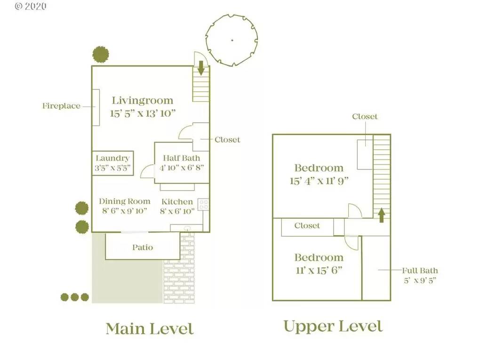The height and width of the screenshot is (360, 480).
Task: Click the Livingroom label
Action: point(142,100)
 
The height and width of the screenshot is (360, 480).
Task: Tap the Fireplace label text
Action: point(61,106)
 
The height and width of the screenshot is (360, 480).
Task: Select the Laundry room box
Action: point(112,163)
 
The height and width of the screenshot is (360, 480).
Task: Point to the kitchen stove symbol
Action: point(204,204)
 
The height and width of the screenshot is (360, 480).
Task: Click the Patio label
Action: point(142,247)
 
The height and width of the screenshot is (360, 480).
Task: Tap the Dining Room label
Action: point(124,201)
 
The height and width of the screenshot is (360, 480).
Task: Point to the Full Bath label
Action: point(420,271)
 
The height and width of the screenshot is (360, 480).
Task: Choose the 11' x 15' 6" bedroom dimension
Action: point(319,270)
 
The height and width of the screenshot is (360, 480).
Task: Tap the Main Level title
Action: point(149,328)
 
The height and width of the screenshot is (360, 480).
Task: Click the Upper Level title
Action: point(333,326)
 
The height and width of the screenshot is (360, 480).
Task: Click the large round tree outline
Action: point(232,40)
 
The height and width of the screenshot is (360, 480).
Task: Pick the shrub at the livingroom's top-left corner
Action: point(101,55)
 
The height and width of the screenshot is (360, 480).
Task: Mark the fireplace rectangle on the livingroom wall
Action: point(96,107)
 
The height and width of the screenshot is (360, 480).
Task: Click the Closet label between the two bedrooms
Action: point(307,226)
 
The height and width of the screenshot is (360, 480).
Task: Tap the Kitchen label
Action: point(177,201)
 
